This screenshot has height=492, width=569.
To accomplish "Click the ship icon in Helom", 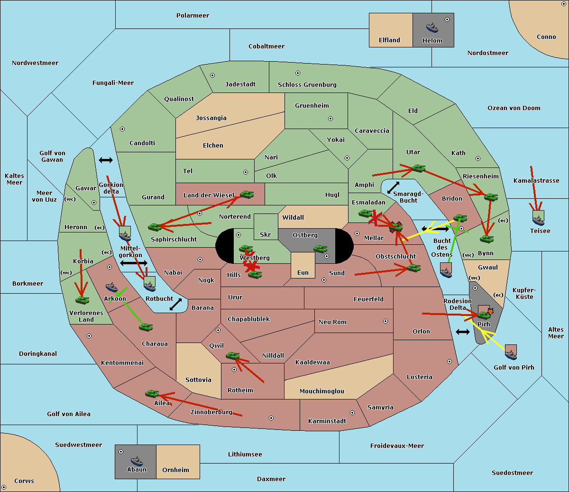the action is (x=432, y=28).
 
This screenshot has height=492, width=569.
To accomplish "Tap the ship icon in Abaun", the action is (x=137, y=461).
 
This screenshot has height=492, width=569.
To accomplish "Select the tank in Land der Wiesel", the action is (x=247, y=195).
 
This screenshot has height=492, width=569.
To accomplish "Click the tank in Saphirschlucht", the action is (x=155, y=227).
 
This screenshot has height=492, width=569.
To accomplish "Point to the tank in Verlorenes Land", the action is (x=83, y=300).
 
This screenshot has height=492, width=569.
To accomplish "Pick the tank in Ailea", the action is (x=152, y=394).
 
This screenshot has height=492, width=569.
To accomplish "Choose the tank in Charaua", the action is (x=146, y=327).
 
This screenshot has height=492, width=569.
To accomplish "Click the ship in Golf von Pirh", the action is (x=511, y=354).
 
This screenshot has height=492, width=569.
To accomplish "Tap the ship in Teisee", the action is (x=538, y=221).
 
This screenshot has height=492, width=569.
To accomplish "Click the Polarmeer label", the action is (x=193, y=16).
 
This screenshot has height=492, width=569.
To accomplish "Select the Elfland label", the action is (x=389, y=40).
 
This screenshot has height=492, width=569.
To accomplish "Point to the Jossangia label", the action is (x=211, y=118).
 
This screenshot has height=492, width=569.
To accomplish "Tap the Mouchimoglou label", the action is (x=322, y=391).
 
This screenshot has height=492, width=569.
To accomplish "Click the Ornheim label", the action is (x=175, y=470).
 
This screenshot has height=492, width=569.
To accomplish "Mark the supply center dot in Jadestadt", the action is (x=212, y=75).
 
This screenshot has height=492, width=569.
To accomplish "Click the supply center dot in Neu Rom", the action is (x=385, y=321).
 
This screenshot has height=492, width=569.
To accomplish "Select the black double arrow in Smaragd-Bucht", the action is (x=393, y=187).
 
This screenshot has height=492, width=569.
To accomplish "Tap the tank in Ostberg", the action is (x=321, y=249).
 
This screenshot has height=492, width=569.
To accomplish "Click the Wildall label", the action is (x=293, y=218).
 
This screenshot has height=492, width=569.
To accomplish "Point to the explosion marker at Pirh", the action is (x=490, y=312).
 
